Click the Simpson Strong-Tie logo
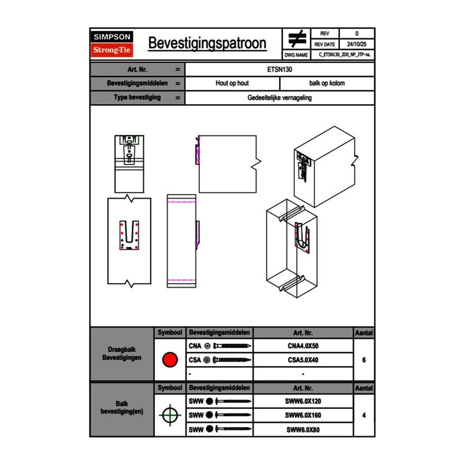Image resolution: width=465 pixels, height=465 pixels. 113,44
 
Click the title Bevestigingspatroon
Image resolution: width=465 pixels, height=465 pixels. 207,43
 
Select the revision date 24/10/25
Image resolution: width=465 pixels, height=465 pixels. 357,44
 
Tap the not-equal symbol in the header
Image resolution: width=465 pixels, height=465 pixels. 297,39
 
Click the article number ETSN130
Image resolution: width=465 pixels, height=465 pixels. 280,69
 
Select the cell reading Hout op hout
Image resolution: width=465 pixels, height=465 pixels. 232,83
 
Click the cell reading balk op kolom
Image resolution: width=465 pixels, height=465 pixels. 327,83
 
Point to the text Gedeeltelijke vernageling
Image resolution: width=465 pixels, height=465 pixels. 280,98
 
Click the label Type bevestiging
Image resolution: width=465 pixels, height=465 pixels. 137,98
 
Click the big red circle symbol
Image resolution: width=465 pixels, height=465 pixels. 170,360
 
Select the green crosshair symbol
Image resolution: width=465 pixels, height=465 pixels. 169,415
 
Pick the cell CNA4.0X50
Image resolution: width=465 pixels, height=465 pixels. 303,347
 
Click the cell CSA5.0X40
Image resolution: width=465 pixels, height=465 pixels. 303,360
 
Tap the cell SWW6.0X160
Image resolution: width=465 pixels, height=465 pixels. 303,415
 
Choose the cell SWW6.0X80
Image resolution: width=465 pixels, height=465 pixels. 303,430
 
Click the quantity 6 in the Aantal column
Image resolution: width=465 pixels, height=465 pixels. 364,360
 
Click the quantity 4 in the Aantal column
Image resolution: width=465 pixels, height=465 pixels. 364,415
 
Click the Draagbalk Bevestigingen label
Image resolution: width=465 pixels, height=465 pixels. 122,354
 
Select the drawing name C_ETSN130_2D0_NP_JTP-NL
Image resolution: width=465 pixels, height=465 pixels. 344,54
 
